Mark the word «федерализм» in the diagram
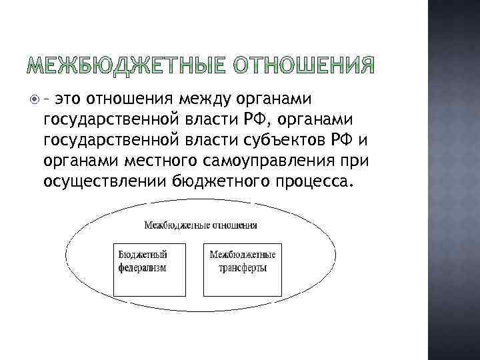point(143,267)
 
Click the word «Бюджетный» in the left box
point(143,255)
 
